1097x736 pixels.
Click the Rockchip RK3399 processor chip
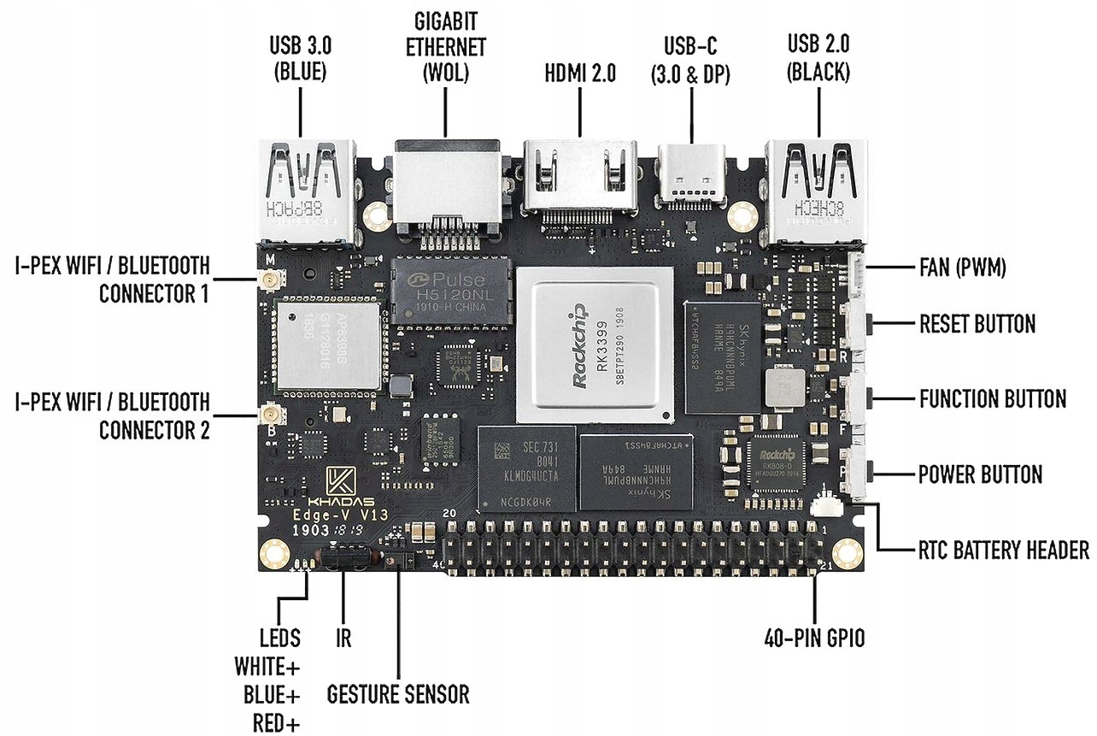(x=595, y=345)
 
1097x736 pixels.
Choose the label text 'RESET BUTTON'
(x=977, y=325)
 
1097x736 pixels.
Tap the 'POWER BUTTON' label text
(x=980, y=474)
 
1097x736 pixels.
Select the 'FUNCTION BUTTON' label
(x=992, y=399)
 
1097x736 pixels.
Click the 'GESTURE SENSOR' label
(x=399, y=693)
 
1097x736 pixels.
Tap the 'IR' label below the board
(x=343, y=638)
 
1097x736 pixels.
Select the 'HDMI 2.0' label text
(x=579, y=74)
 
